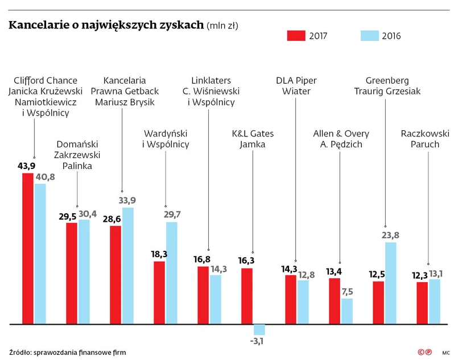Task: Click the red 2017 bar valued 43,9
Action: (28, 249)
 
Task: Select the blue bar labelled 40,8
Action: (40, 254)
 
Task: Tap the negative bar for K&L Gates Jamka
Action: (259, 329)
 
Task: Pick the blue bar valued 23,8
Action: (390, 283)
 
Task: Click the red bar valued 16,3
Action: (247, 296)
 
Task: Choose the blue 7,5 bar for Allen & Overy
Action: (346, 311)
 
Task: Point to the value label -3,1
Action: (257, 341)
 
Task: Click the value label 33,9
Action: (128, 200)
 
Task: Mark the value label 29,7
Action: (171, 214)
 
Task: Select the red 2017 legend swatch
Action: (296, 36)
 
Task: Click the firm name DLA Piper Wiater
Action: (296, 86)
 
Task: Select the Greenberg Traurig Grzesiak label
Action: (387, 86)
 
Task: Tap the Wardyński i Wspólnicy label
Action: (165, 139)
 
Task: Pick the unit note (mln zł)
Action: (222, 25)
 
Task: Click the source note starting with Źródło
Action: (67, 353)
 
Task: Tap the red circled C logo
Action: (422, 353)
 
